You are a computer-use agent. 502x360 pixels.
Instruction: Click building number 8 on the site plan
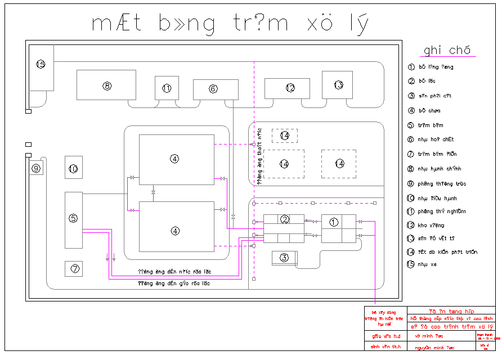(x=106, y=85)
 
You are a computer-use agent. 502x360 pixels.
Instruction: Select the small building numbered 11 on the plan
(x=167, y=88)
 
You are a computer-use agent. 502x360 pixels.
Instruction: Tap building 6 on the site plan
(x=215, y=89)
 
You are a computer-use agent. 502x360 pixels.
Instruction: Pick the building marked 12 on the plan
(x=288, y=88)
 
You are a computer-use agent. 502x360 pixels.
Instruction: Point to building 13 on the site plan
(x=337, y=85)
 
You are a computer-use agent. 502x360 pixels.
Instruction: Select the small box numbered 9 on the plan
(x=36, y=168)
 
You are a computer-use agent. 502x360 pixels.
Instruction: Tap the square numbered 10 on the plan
(x=74, y=168)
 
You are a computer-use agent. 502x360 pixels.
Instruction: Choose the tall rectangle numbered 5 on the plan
(x=74, y=219)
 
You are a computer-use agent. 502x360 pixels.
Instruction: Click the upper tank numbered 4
(x=177, y=160)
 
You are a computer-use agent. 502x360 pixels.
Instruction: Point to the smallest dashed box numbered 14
(x=285, y=136)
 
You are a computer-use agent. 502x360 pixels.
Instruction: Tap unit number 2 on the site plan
(x=284, y=228)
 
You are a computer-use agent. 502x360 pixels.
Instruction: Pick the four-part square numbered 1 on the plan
(x=339, y=228)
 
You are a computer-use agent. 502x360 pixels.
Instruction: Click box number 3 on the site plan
(x=285, y=258)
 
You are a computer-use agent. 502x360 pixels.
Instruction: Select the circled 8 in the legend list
(x=411, y=169)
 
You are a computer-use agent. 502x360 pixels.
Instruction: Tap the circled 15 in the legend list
(x=411, y=264)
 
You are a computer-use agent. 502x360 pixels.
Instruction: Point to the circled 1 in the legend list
(x=411, y=67)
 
